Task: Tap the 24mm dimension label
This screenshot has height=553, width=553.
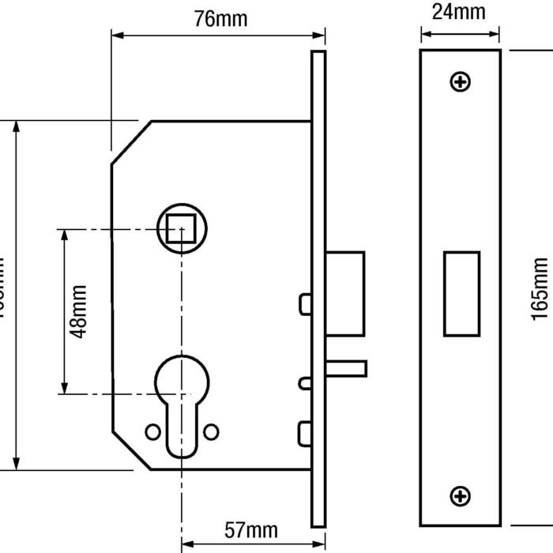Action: coord(460,12)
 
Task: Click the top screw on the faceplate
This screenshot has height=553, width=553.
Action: coord(460,81)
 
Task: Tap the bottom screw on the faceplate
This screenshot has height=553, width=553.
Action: coord(460,495)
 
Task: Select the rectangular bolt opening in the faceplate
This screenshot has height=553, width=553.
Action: coord(461,293)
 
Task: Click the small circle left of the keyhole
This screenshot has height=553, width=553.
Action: coord(152,431)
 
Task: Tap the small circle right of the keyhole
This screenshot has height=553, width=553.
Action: coord(211,431)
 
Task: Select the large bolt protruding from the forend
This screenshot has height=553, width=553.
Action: coord(345,293)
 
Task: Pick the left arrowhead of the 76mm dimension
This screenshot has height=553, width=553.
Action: coord(116,35)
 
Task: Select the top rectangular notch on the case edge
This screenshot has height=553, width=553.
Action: coord(304,303)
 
